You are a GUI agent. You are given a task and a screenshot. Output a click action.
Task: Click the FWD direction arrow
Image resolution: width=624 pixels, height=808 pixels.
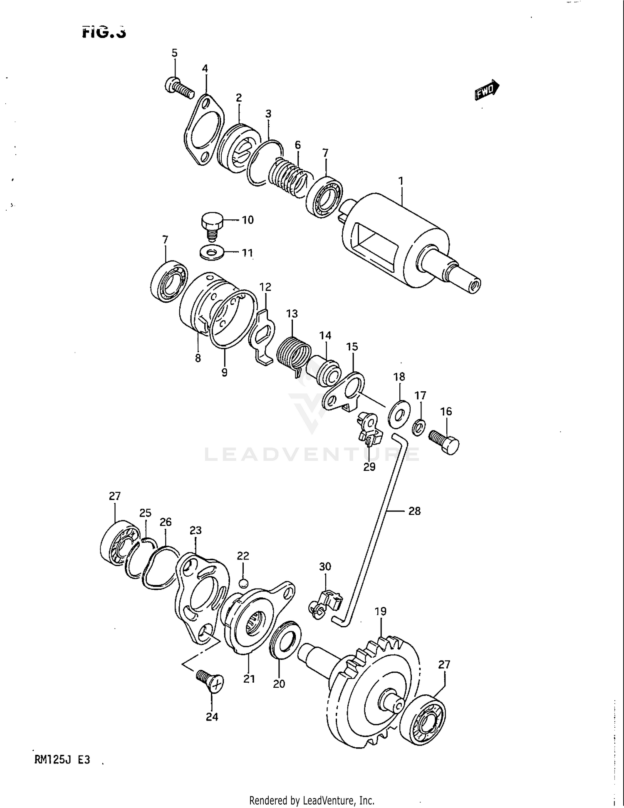tap(487, 90)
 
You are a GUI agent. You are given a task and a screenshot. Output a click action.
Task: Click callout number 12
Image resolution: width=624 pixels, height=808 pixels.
tap(265, 287)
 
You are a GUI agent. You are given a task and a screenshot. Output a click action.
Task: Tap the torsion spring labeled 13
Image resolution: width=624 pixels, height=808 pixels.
tap(293, 354)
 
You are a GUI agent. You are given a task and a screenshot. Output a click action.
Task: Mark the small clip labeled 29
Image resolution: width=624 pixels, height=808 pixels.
tap(369, 429)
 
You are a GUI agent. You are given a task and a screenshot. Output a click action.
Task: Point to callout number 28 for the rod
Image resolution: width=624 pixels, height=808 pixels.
tap(414, 511)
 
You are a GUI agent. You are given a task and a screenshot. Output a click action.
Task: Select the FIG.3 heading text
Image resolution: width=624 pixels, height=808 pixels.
tap(104, 32)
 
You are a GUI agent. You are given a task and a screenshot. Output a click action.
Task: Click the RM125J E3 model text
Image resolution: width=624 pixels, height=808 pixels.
tap(62, 760)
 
